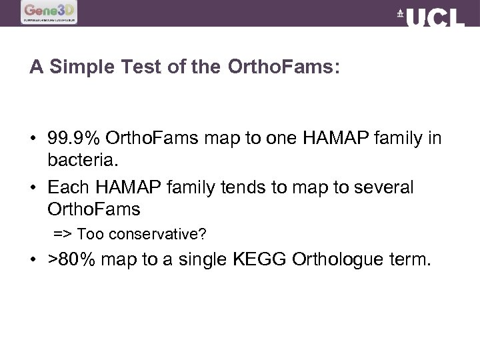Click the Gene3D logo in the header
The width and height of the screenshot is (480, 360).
click(x=49, y=12)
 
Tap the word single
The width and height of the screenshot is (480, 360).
click(x=201, y=259)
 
